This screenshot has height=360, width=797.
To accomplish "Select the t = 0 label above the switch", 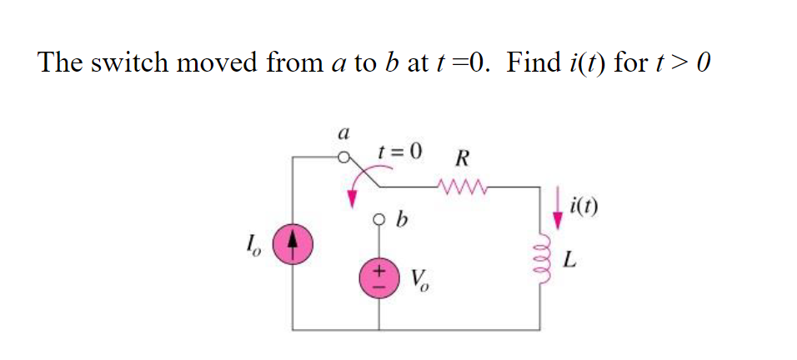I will click(x=399, y=152).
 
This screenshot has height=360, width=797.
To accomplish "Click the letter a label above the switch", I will click(x=341, y=132).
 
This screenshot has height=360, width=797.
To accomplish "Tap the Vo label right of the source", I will click(x=422, y=278).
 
